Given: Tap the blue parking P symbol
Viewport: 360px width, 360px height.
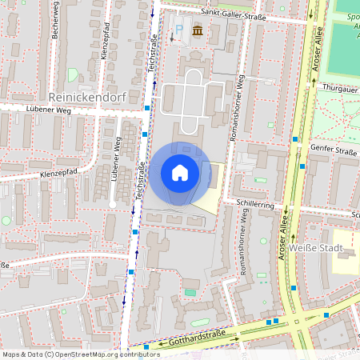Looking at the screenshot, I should [178, 30].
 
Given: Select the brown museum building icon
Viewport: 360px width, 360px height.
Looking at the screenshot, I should [197, 30].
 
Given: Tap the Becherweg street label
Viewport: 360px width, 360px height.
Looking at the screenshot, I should [55, 15].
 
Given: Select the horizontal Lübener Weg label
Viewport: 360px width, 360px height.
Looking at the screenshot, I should [47, 110].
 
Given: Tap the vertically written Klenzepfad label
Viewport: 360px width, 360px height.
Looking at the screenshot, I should [106, 49].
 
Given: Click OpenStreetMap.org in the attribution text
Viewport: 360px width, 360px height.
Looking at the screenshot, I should [87, 354].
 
